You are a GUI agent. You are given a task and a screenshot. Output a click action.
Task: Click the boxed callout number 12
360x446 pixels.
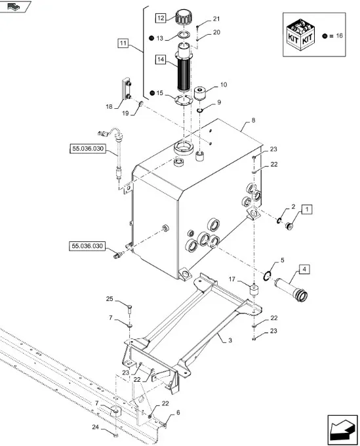161,18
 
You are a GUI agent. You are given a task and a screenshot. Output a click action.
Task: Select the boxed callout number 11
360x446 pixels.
123,43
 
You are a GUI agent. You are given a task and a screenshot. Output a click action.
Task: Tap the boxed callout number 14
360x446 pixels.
161,60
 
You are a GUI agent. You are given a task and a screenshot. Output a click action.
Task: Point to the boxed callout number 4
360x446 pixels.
304,269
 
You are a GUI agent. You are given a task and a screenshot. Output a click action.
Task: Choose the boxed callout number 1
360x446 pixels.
306,209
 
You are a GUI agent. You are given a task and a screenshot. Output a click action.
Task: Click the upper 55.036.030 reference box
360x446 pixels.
88,148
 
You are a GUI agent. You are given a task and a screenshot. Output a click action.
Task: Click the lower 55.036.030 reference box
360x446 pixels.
87,246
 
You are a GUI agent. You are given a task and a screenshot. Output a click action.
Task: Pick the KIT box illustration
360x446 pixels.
301,35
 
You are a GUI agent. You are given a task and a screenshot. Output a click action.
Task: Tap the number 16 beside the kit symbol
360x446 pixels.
339,35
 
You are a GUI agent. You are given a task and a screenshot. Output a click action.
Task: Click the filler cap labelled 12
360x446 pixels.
183,17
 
